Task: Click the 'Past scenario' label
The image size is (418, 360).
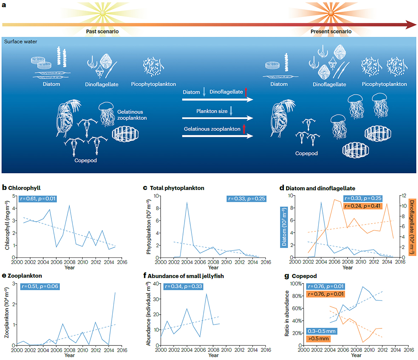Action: pos(102,32)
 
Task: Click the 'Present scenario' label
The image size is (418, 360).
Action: pos(331,32)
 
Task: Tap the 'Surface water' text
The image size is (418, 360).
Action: pos(21,41)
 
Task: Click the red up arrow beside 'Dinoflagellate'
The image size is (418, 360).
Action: pos(246,92)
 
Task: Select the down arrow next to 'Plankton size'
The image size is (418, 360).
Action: pos(231,111)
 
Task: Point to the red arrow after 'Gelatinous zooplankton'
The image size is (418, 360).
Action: pos(244,129)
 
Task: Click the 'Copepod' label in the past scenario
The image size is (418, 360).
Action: pos(85,161)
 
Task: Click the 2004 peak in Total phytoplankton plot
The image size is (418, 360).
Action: pos(187,202)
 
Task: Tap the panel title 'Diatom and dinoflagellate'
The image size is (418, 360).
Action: pos(320,188)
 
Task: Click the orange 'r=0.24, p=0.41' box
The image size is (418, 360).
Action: pos(363,206)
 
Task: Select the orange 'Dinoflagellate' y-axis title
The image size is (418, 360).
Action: pos(412,227)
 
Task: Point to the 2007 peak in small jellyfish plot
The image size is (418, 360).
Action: pos(207,294)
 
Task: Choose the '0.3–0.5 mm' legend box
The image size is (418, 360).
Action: pos(321,331)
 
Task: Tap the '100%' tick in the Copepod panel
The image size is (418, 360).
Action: pos(297,284)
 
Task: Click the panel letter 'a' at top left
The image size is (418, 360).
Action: pos(4,5)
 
